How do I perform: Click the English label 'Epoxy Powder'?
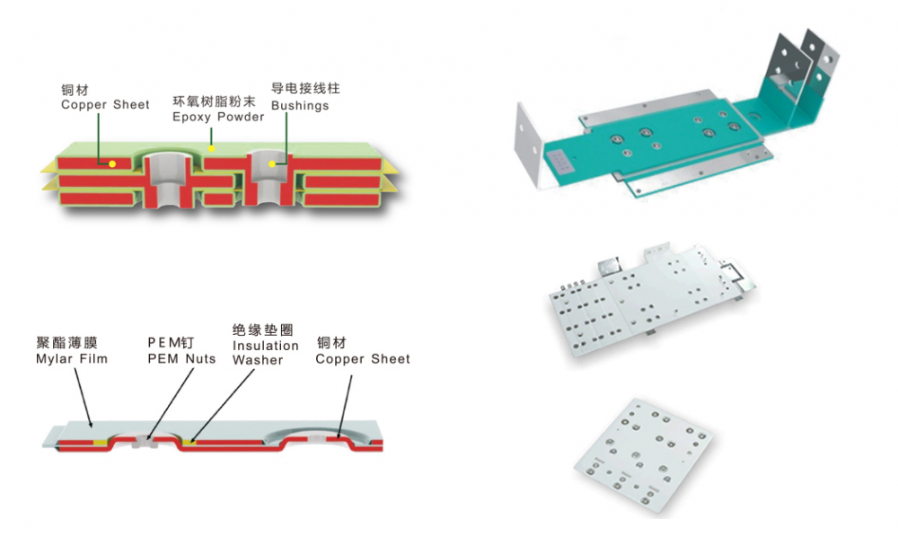pos(218,117)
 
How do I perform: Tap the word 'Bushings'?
pos(300,106)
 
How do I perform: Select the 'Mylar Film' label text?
pos(72,359)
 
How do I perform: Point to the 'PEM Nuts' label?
pos(181,359)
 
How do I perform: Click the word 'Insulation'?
pos(266,346)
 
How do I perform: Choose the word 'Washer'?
pos(258,360)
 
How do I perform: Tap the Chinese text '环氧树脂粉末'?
pos(218,101)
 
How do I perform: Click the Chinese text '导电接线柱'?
pos(305,90)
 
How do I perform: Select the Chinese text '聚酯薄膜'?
pos(66,343)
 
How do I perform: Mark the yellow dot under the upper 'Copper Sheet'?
pos(112,164)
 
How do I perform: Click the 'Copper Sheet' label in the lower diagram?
pos(363,359)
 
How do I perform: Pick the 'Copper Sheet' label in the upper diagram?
pos(105,105)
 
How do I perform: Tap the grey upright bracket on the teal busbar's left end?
pos(530,148)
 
